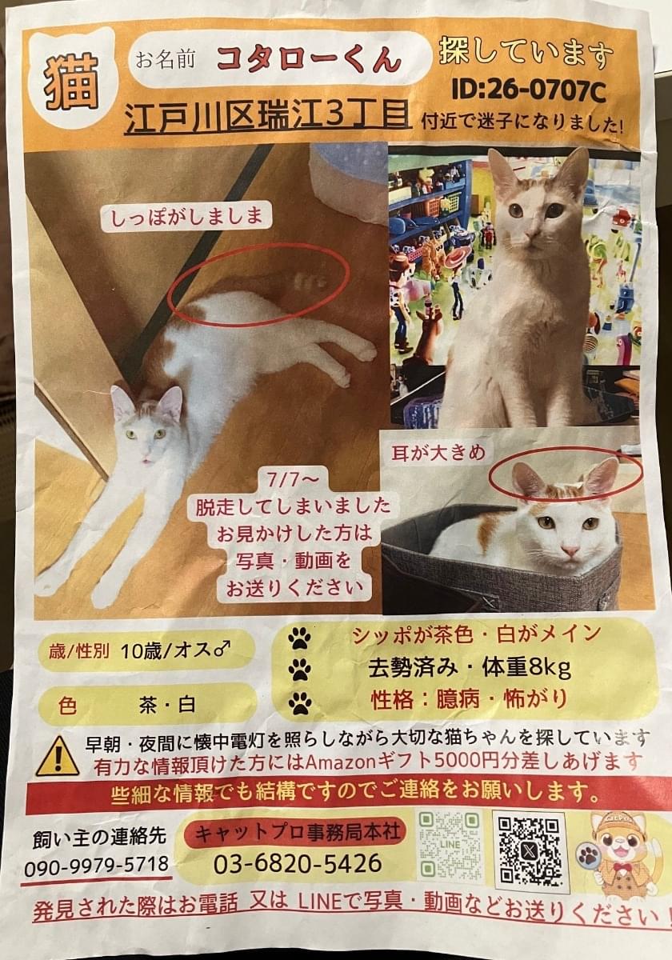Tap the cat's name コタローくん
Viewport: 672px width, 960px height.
pos(309,59)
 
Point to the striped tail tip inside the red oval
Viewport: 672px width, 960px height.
pos(309,280)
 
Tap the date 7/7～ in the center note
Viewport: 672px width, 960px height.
pos(293,481)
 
